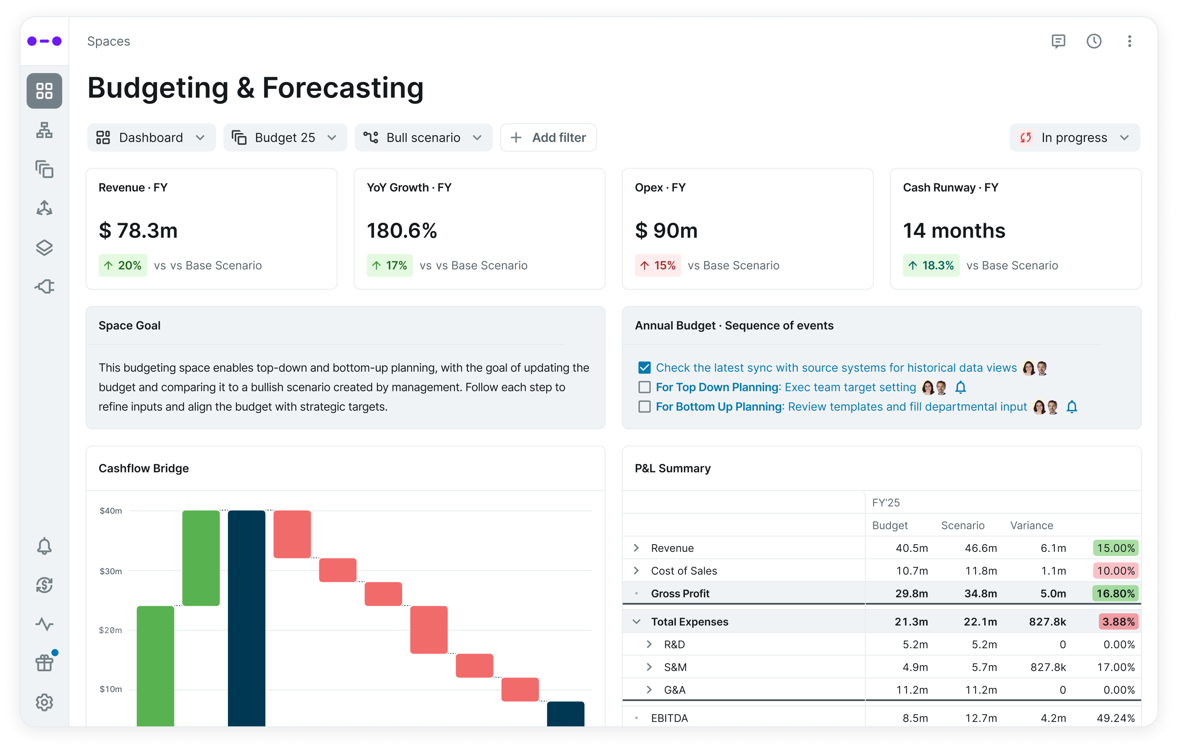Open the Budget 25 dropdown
point(285,138)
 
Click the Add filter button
point(548,138)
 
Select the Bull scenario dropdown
point(423,138)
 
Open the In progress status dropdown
point(1074,138)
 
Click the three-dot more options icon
point(1129,41)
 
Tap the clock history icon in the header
point(1094,41)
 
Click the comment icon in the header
point(1058,41)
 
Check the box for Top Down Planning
point(644,387)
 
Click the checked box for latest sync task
point(644,368)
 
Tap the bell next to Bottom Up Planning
point(1071,407)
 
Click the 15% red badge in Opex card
point(658,265)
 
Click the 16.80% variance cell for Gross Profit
point(1115,593)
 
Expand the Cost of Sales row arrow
point(636,571)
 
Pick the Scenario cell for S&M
point(984,667)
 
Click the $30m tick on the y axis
point(110,571)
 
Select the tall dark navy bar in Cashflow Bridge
point(247,616)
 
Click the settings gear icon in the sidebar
point(44,703)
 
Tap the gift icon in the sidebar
point(44,664)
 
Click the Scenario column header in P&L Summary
point(962,526)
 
